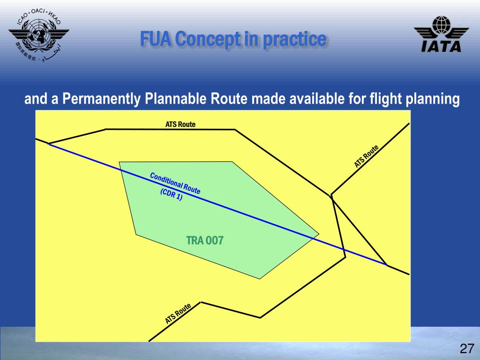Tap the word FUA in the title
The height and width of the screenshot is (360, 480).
[156, 39]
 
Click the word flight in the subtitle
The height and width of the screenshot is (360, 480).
[382, 100]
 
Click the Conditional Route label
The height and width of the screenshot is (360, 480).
[175, 183]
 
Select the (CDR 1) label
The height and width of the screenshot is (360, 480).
[171, 195]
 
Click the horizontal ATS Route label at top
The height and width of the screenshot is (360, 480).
[180, 124]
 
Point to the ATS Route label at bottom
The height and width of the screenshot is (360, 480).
[178, 314]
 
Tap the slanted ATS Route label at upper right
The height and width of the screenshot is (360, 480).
[366, 157]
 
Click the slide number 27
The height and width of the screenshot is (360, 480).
[466, 349]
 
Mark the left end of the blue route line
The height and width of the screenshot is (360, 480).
[49, 144]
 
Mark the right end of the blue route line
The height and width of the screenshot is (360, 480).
[387, 265]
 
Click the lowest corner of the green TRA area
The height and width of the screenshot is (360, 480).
[260, 279]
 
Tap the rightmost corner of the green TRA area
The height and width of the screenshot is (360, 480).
[319, 233]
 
